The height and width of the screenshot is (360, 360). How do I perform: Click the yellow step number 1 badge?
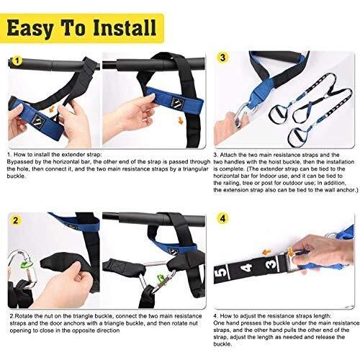[17, 61]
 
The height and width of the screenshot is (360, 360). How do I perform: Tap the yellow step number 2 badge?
[16, 220]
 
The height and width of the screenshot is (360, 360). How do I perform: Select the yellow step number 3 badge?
[222, 58]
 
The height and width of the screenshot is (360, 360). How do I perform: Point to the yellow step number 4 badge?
[222, 219]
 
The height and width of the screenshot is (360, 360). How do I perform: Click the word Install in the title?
[125, 27]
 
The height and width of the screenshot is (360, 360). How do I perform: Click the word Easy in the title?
[30, 29]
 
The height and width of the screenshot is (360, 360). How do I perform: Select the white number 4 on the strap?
[248, 267]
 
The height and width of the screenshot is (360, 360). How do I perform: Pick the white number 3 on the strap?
[271, 264]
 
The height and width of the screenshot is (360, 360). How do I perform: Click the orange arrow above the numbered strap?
[266, 252]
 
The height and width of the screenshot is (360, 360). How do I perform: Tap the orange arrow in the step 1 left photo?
[51, 109]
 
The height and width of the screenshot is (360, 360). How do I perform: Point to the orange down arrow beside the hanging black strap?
[181, 121]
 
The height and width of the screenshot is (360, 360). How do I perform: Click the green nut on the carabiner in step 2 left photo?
[26, 264]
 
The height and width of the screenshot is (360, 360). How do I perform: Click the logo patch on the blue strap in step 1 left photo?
[38, 120]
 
